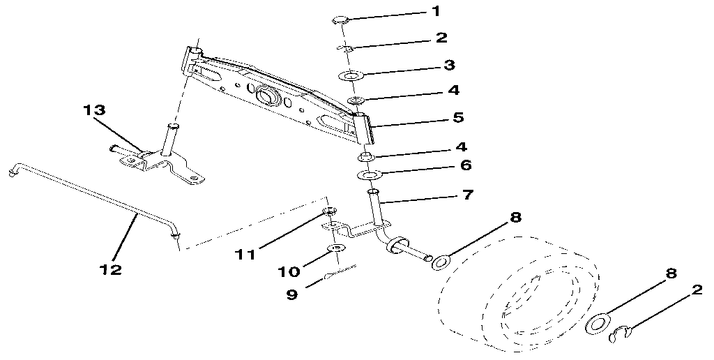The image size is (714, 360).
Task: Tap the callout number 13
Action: pos(95,111)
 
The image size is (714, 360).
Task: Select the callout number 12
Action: pos(111,269)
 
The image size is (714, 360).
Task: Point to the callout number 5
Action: pos(458,117)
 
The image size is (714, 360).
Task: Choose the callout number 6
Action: pos(466,165)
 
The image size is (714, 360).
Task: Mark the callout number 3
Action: pos(450,65)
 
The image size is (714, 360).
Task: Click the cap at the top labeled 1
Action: pos(340,19)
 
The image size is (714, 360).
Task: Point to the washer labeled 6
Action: pos(370,174)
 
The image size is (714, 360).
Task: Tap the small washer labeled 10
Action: pos(335,248)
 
